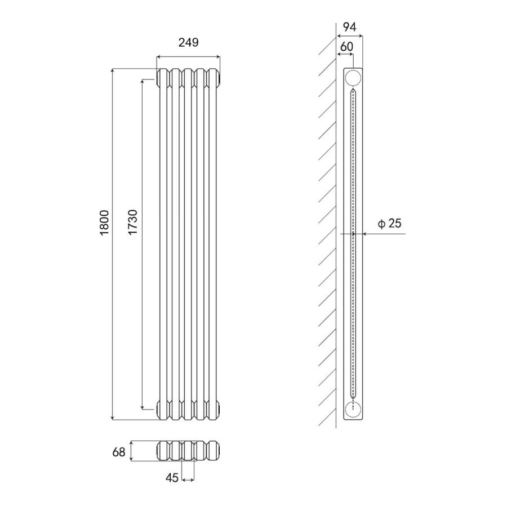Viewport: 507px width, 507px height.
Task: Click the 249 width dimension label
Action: click(189, 42)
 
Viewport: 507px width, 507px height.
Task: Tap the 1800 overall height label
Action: click(105, 223)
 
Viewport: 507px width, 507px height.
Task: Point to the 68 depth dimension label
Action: click(119, 452)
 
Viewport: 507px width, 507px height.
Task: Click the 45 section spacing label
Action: click(172, 478)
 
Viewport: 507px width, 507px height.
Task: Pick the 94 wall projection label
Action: click(349, 27)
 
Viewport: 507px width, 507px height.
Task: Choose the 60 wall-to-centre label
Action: click(346, 47)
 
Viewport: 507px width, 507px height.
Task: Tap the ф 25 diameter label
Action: click(389, 223)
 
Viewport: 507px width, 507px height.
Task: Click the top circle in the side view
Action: click(353, 78)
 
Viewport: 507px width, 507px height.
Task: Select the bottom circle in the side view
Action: click(353, 410)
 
